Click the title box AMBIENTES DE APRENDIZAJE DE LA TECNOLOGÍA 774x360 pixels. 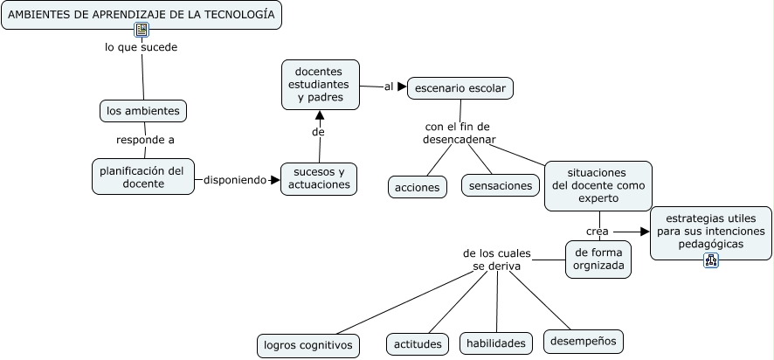[x=142, y=15]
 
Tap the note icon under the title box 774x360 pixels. [x=142, y=30]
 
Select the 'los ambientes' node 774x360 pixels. [x=143, y=111]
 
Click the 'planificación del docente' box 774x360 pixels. [x=143, y=177]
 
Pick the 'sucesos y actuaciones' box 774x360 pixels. [x=319, y=179]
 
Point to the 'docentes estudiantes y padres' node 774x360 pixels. [x=321, y=85]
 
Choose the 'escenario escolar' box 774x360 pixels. [x=460, y=88]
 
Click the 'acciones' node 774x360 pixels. [x=417, y=188]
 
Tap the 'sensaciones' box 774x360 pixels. [x=501, y=185]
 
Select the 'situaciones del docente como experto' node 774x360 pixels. [x=598, y=185]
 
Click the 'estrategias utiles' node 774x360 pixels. [x=711, y=231]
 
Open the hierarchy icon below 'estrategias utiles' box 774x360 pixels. [x=711, y=260]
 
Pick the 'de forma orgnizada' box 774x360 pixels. [x=598, y=260]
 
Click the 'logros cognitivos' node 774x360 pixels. [x=308, y=346]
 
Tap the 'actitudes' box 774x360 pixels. [x=418, y=344]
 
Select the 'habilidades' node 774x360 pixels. [x=496, y=343]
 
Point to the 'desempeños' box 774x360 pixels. [x=584, y=342]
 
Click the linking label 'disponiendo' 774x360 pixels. [x=235, y=180]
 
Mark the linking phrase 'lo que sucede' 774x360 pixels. [x=142, y=47]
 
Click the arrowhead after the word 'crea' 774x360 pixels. [x=645, y=232]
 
